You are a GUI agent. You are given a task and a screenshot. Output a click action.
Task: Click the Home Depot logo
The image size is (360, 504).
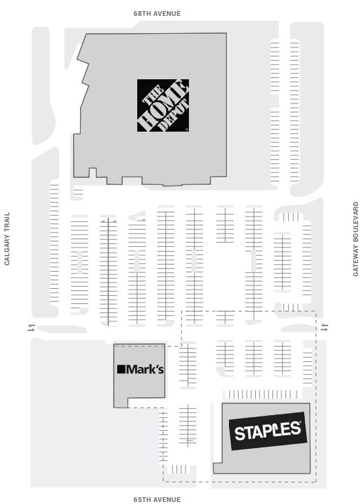coord(163,105)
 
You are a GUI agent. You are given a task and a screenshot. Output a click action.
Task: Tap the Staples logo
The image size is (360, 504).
coord(268,431)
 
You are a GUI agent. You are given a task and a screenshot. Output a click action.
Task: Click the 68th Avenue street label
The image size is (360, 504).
coord(157,14)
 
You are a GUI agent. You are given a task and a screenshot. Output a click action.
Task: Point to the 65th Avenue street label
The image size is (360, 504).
coord(157,499)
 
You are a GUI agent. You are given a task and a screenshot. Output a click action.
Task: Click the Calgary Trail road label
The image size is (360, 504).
coord(7,239)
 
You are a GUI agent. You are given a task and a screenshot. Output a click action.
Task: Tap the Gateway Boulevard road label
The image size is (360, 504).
coord(355,239)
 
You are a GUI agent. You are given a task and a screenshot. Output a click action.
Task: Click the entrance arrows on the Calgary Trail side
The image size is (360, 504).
coord(32,328)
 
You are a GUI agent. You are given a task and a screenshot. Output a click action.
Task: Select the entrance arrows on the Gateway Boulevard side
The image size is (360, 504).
coord(325,327)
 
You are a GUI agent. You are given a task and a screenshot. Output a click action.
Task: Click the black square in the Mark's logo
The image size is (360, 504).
coord(121,369)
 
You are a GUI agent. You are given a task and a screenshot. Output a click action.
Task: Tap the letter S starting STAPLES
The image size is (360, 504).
coord(240,434)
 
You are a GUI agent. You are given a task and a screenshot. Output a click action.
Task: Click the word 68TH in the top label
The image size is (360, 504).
coord(142,14)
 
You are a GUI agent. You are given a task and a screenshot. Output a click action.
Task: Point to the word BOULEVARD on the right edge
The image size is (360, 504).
coord(355,222)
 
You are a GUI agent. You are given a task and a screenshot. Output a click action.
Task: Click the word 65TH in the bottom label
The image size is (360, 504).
coord(142,499)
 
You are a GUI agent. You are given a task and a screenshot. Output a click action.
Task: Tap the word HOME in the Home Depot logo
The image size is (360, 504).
coord(162,105)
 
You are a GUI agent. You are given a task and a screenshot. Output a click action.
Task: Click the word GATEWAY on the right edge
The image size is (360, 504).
coord(355,261)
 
